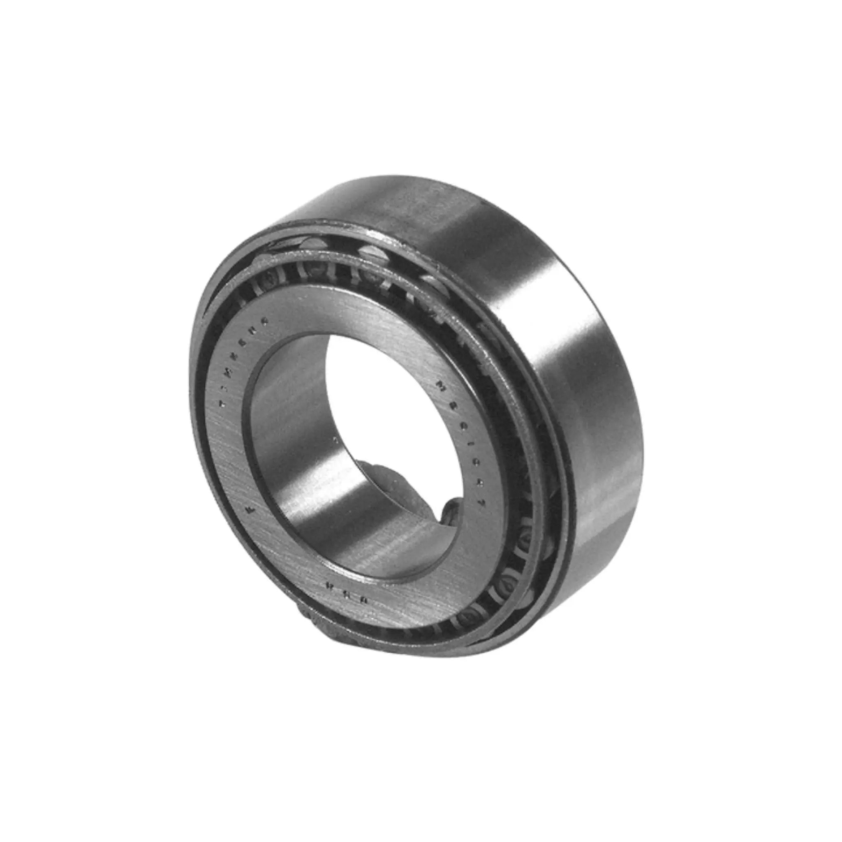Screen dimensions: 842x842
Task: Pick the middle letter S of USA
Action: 345,591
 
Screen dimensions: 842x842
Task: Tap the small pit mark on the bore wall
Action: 334,440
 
